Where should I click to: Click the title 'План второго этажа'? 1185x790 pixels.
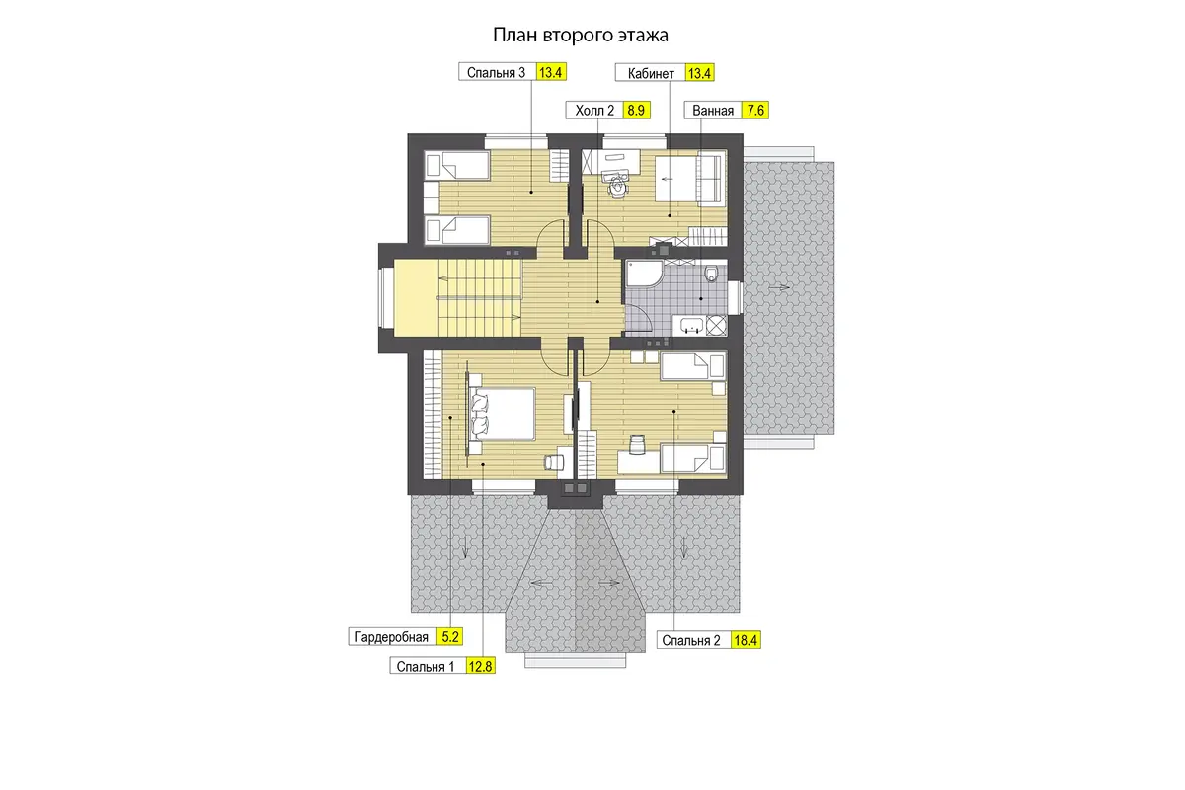pyautogui.click(x=581, y=35)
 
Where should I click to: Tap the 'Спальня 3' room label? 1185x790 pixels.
pyautogui.click(x=496, y=72)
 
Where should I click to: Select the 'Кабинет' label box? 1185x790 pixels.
pyautogui.click(x=651, y=73)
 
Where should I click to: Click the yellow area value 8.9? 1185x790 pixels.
pyautogui.click(x=636, y=110)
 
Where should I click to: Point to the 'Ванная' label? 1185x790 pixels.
pyautogui.click(x=713, y=110)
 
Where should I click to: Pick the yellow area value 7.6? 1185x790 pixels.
pyautogui.click(x=754, y=110)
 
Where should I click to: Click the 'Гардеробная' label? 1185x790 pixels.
pyautogui.click(x=391, y=637)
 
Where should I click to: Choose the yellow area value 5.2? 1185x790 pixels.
pyautogui.click(x=449, y=637)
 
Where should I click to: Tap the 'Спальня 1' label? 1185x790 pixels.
pyautogui.click(x=426, y=667)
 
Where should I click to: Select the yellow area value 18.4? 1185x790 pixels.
pyautogui.click(x=746, y=640)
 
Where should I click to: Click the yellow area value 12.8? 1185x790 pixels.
pyautogui.click(x=480, y=666)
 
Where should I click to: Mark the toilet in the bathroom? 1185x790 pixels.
pyautogui.click(x=712, y=273)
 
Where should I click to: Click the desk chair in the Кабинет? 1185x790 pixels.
pyautogui.click(x=616, y=187)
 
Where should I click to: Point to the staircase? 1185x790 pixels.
pyautogui.click(x=479, y=298)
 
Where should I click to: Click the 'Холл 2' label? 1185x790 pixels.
pyautogui.click(x=594, y=110)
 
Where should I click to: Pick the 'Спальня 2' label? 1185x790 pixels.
pyautogui.click(x=691, y=640)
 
